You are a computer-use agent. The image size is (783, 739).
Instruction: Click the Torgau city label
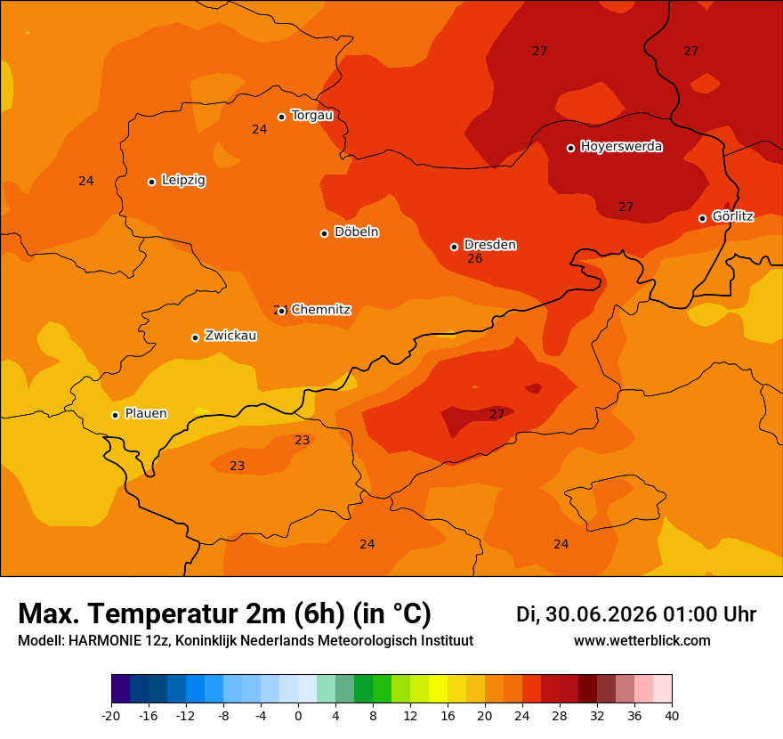click(x=312, y=116)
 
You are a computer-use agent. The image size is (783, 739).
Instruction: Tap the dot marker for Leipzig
click(x=152, y=182)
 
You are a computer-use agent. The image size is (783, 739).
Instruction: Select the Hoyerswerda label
click(x=621, y=146)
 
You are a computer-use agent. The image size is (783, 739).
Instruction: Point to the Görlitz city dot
click(x=702, y=218)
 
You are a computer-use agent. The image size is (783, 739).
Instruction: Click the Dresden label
click(x=490, y=245)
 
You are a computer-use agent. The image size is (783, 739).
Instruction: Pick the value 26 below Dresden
click(x=475, y=258)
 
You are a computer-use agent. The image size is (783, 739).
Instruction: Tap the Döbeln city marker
click(x=324, y=233)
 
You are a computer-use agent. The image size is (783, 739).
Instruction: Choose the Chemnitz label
click(x=321, y=310)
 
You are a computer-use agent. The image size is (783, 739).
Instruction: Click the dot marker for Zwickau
click(x=195, y=337)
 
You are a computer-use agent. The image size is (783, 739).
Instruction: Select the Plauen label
click(x=146, y=413)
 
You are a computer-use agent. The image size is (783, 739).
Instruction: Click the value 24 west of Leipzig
click(x=86, y=181)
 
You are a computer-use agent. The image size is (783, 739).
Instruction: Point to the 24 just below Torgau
click(x=259, y=129)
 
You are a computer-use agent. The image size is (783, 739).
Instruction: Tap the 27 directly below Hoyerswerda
click(x=626, y=207)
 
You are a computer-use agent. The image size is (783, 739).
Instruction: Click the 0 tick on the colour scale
click(x=298, y=716)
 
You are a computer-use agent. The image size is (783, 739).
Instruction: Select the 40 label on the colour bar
click(x=672, y=716)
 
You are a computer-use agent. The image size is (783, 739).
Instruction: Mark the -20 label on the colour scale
click(x=111, y=716)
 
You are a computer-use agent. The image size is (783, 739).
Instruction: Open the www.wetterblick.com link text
click(x=642, y=640)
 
